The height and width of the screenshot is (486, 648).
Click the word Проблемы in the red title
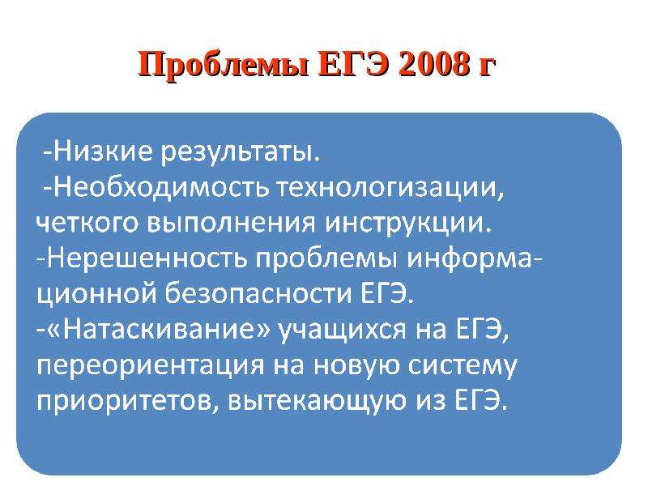pyautogui.click(x=224, y=66)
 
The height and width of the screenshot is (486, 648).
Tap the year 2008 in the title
pyautogui.click(x=435, y=64)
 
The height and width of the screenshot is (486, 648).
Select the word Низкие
pyautogui.click(x=104, y=152)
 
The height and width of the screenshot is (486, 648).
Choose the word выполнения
pyautogui.click(x=231, y=224)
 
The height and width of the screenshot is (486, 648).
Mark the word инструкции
pyautogui.click(x=407, y=225)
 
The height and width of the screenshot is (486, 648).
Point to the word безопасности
pyautogui.click(x=259, y=295)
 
